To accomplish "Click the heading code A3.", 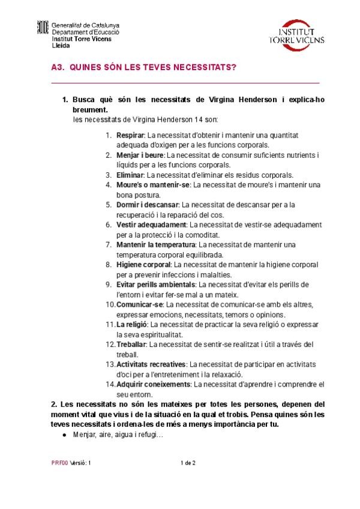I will click(x=58, y=68).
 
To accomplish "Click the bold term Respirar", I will click(x=130, y=136).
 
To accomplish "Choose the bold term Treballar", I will click(x=131, y=344).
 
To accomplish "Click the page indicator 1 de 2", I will click(x=189, y=463).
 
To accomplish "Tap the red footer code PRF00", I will click(x=59, y=463).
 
